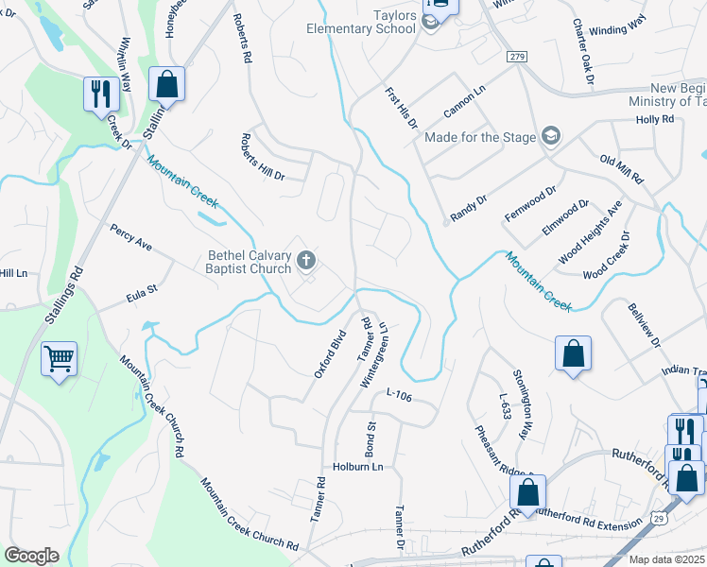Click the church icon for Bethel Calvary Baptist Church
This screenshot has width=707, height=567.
(x=305, y=260)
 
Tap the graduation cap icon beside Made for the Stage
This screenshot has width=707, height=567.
(x=551, y=138)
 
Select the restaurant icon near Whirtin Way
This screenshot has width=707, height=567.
(x=98, y=94)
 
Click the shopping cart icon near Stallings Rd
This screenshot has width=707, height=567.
(x=59, y=358)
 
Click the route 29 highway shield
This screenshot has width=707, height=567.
(x=660, y=519)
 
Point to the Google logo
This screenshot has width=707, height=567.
(x=30, y=556)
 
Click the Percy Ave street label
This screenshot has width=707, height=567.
(x=131, y=237)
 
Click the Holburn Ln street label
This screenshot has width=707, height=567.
(x=357, y=467)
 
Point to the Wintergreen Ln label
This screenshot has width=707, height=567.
(x=377, y=354)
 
